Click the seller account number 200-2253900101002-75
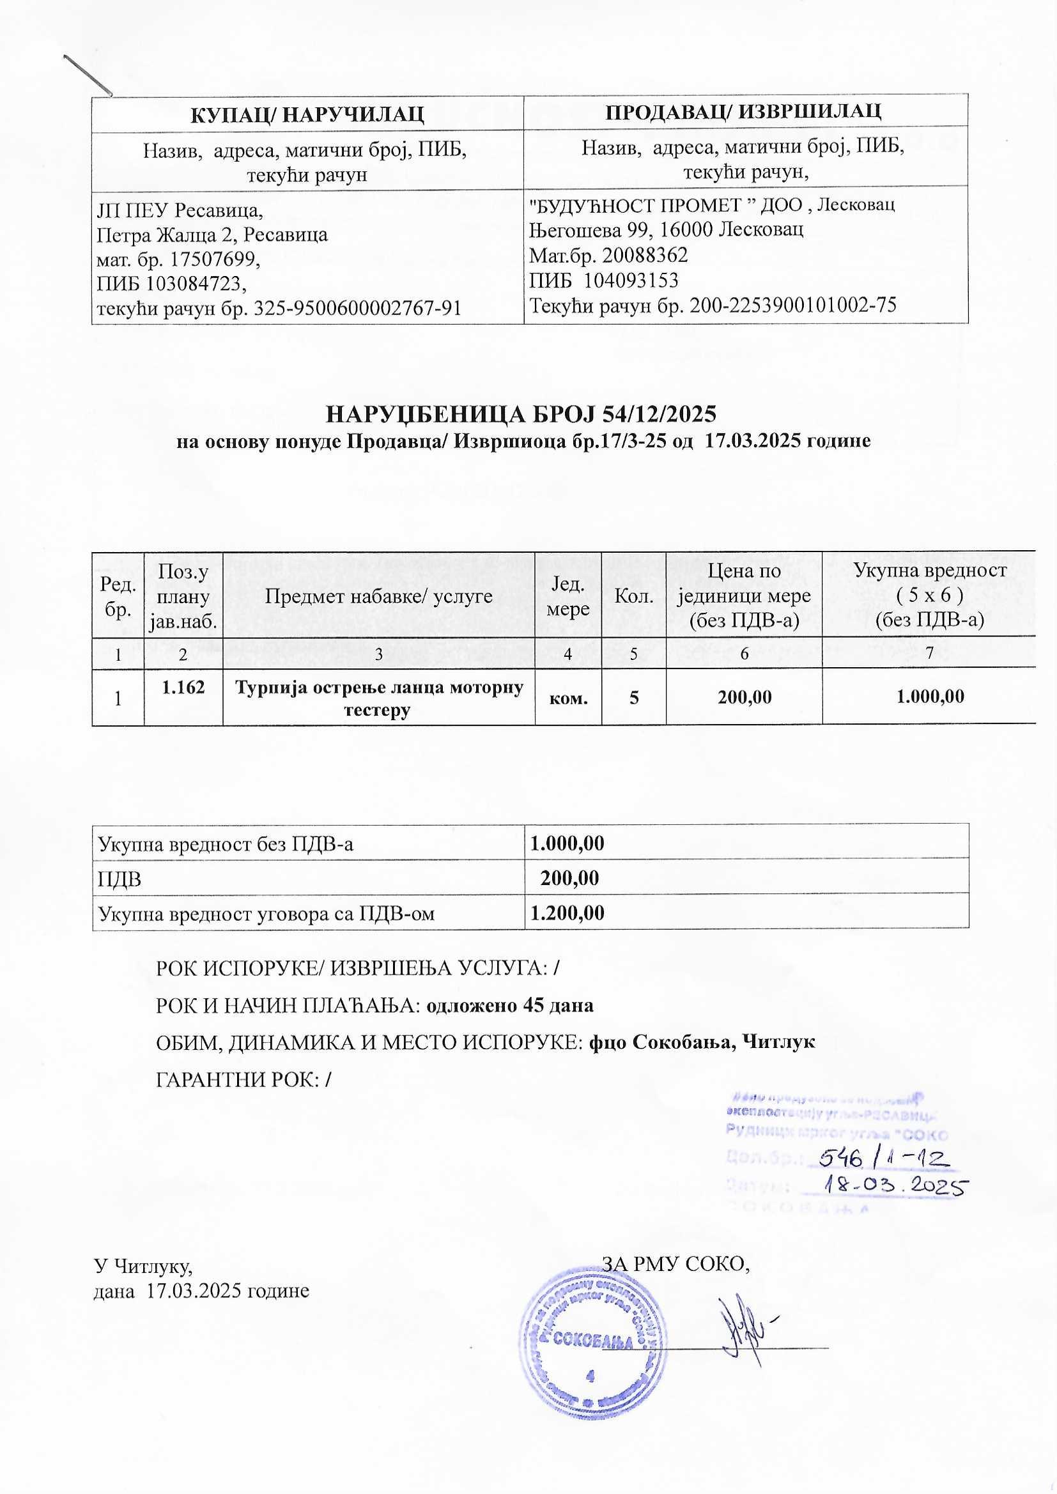click(792, 305)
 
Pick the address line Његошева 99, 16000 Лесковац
click(666, 229)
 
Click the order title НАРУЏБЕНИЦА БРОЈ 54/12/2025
click(521, 414)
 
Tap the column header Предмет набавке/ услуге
click(378, 596)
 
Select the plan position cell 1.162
click(183, 687)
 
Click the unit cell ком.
click(568, 698)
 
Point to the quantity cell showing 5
click(633, 698)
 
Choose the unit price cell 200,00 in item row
click(744, 698)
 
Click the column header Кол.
click(634, 596)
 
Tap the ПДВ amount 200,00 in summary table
click(569, 879)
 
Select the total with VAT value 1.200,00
click(567, 913)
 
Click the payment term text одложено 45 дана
click(509, 1005)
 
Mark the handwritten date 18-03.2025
click(895, 1185)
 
